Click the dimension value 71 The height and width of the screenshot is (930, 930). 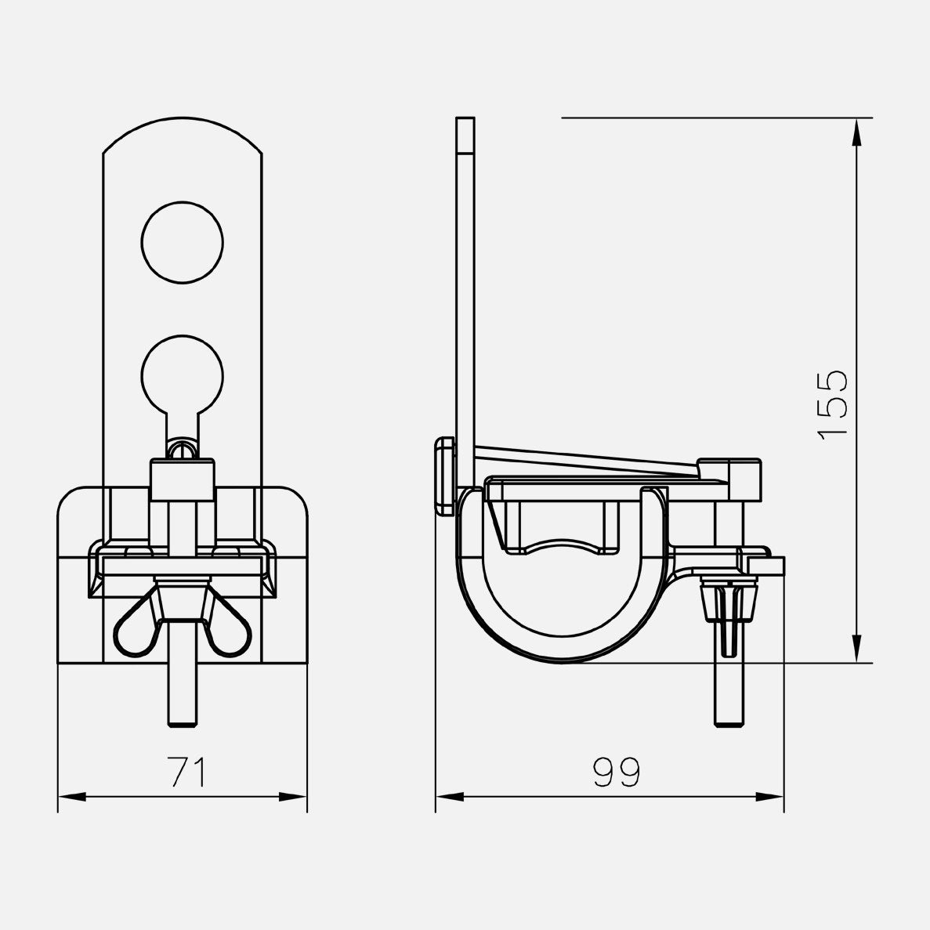tap(188, 771)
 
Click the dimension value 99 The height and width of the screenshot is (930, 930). tap(617, 772)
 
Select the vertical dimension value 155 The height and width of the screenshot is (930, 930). tap(833, 406)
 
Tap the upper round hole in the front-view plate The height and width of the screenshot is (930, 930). tap(182, 242)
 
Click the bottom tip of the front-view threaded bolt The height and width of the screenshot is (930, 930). tap(183, 725)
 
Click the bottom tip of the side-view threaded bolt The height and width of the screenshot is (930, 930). tap(729, 725)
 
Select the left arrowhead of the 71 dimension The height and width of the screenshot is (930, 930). tap(72, 797)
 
